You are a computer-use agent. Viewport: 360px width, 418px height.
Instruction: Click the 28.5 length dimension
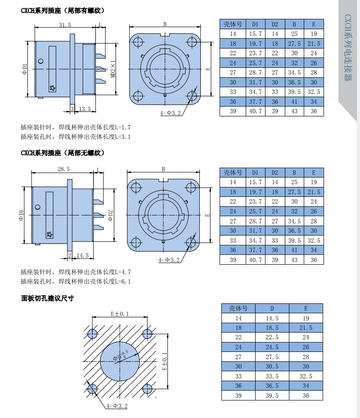(x=63, y=169)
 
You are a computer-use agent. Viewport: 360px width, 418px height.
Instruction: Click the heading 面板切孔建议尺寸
(x=47, y=298)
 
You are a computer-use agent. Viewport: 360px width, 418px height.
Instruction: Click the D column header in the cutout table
(x=272, y=308)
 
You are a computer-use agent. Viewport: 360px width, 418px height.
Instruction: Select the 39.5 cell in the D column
(x=272, y=396)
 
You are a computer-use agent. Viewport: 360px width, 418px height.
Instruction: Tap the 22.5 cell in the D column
(x=272, y=337)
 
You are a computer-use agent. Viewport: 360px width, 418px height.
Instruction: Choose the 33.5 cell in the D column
(x=272, y=376)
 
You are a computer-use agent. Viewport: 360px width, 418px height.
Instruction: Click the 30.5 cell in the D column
(x=272, y=366)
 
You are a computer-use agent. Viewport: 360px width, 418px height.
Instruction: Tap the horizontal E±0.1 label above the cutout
(x=119, y=314)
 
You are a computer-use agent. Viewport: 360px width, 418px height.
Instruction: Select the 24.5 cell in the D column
(x=272, y=347)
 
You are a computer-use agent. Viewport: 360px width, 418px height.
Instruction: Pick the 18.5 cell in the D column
(x=272, y=328)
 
